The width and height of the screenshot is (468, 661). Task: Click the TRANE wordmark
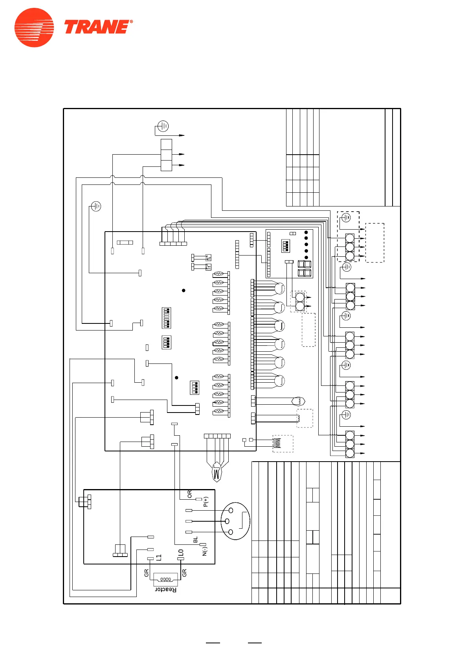pos(98,27)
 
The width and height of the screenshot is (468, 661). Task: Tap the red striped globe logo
pos(34,27)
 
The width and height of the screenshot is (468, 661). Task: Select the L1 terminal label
pos(159,557)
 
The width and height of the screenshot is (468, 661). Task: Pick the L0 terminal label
pos(181,552)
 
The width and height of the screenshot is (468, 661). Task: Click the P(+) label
pos(206,502)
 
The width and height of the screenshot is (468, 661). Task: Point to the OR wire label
pos(190,494)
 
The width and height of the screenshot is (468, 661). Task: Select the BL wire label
pos(196,540)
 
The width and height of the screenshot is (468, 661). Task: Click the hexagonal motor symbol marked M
pos(217,471)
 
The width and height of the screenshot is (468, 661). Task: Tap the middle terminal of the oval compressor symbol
pos(227,521)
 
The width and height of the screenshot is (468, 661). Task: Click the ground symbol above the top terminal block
pos(163,126)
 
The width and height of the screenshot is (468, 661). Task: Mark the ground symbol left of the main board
pos(96,206)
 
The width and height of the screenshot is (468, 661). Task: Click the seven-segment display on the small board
pos(305,268)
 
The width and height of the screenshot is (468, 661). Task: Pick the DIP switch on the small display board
pos(286,246)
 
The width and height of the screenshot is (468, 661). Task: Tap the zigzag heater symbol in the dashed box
pos(277,443)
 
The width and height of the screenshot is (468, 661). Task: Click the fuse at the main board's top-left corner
pos(125,243)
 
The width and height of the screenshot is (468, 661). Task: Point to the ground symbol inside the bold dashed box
pos(346,217)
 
